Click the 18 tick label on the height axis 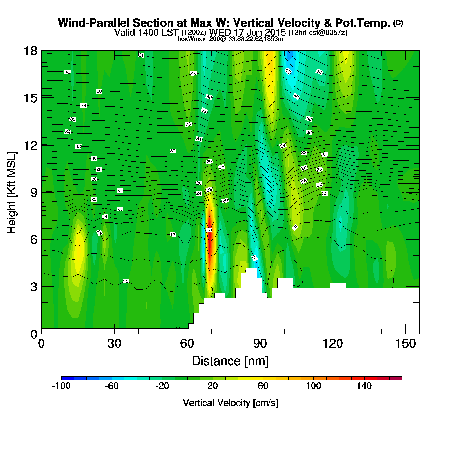(30, 51)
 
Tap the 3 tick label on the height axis (34, 287)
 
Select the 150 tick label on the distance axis (406, 344)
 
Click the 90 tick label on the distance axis (260, 344)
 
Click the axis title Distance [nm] (230, 361)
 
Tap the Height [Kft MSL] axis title (12, 193)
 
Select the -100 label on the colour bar (61, 386)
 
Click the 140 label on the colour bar (364, 386)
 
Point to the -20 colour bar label (162, 386)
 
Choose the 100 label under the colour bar (313, 386)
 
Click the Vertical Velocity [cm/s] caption (230, 403)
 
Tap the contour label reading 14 (125, 281)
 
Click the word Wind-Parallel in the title (94, 23)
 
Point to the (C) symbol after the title (398, 23)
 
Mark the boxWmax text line (230, 39)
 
